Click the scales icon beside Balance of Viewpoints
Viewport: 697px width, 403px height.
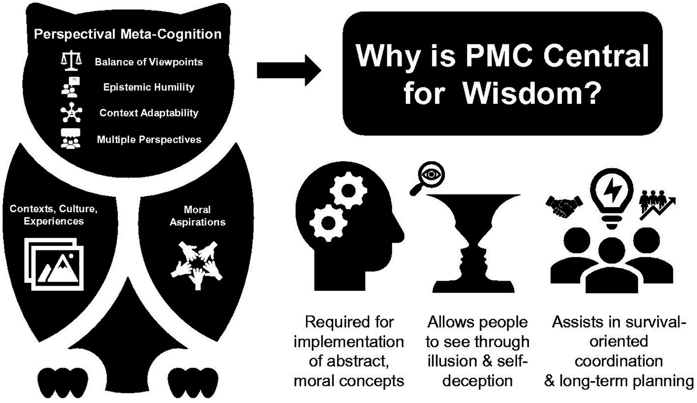pos(71,61)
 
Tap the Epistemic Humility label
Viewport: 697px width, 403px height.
pos(149,87)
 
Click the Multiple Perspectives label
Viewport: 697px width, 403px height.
pos(149,140)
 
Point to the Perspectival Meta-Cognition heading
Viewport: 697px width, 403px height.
pos(128,34)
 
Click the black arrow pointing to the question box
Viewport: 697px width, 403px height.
pos(288,70)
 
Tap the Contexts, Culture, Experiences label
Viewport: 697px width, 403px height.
pos(54,215)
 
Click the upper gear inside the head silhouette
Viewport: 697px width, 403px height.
pos(348,190)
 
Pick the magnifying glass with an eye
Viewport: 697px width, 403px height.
pos(428,177)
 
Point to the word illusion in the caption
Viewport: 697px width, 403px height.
pos(452,361)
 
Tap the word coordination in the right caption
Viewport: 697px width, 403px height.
pos(618,361)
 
